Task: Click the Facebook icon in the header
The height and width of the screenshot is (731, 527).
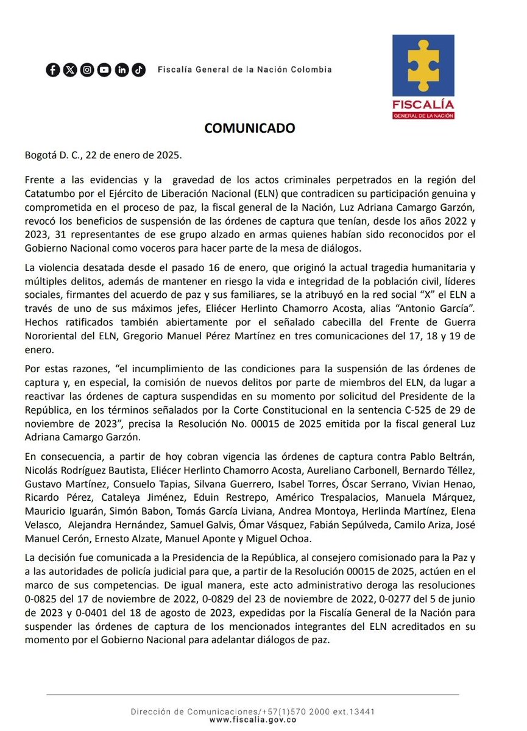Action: tap(53, 70)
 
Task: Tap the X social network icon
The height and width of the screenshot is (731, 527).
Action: tap(70, 70)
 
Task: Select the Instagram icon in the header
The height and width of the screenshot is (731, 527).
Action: tap(87, 70)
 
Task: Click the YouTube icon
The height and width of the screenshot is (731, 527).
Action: tap(104, 70)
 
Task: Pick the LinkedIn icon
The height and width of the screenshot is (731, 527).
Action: tap(122, 70)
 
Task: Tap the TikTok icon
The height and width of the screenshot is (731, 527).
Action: tap(139, 70)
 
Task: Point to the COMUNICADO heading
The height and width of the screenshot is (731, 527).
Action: tap(249, 129)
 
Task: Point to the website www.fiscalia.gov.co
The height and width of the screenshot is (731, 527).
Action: tap(253, 720)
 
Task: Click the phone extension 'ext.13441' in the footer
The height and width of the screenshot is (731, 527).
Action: tap(353, 712)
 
